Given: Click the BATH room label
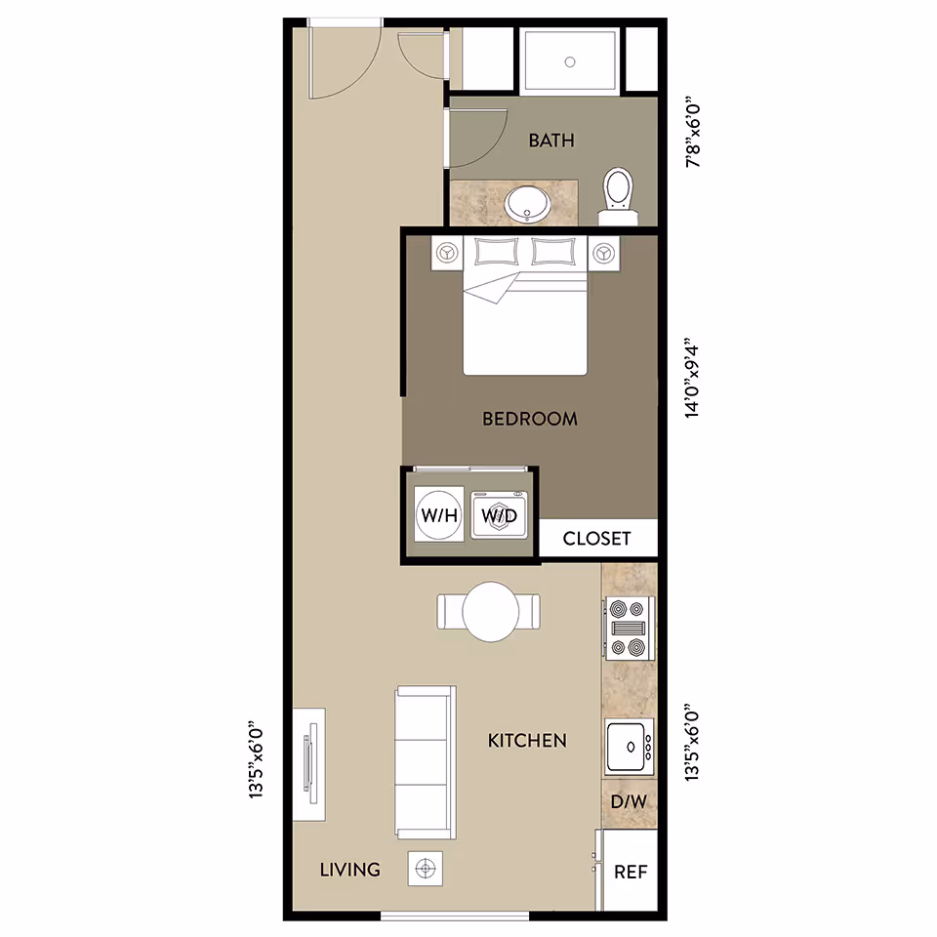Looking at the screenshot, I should (x=551, y=141).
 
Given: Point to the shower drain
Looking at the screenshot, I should (x=570, y=61).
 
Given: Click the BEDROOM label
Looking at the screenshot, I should (x=530, y=419).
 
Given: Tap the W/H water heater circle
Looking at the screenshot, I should (x=438, y=515).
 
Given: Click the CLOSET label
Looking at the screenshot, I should (x=596, y=538).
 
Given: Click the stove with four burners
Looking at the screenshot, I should (x=628, y=629).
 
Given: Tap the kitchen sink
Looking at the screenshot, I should (x=628, y=748).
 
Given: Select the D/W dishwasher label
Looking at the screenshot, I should (x=629, y=802).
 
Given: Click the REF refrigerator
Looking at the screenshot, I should (x=631, y=873).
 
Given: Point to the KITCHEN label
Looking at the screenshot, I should (x=527, y=741).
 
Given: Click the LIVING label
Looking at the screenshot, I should (x=349, y=870).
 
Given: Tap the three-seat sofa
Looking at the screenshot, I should (x=425, y=761).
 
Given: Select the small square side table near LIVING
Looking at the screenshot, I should (x=425, y=868).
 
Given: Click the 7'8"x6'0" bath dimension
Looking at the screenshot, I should (x=693, y=131).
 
